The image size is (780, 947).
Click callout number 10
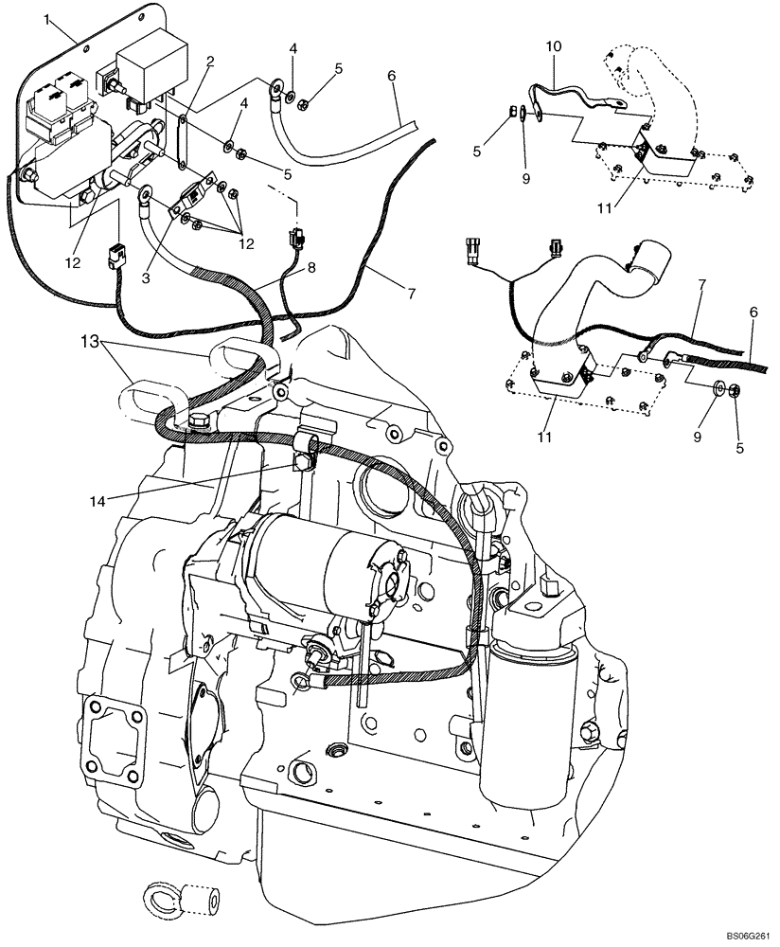coord(554,45)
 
